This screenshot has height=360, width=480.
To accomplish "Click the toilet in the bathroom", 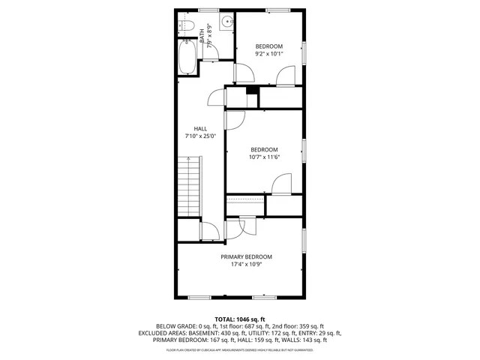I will click(188, 28).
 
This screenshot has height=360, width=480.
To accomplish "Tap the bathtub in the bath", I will click(187, 57).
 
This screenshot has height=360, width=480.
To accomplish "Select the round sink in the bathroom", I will click(226, 21).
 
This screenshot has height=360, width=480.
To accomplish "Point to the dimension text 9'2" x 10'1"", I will click(268, 54).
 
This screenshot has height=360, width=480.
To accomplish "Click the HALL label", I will click(200, 128).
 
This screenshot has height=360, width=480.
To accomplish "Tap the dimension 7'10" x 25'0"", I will click(200, 136).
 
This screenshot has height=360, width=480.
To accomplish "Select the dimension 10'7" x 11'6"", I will click(264, 157).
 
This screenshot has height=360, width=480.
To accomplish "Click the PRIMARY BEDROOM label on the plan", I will click(246, 256).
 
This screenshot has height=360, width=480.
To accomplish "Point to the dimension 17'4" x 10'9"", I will click(246, 265).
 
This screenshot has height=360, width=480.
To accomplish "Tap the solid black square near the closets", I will click(252, 91).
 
